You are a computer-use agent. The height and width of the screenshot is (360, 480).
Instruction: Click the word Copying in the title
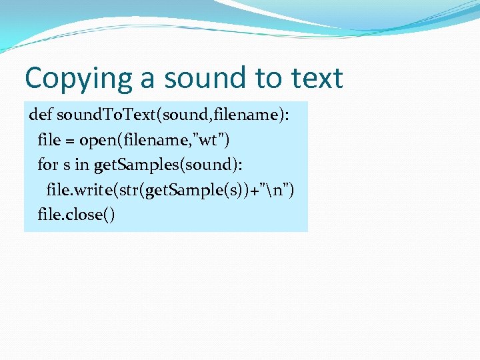(x=79, y=79)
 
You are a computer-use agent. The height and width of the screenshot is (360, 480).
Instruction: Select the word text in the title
(x=317, y=79)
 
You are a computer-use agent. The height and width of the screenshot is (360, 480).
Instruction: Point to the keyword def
(x=40, y=115)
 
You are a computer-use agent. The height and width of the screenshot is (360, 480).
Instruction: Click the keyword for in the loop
(x=48, y=165)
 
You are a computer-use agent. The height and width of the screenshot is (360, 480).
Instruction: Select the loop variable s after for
(x=66, y=165)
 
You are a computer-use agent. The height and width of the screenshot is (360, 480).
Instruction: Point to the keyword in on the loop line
(x=83, y=165)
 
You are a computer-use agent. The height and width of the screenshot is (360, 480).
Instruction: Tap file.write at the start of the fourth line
(x=81, y=191)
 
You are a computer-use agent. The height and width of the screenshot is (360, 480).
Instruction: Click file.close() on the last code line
(x=76, y=216)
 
